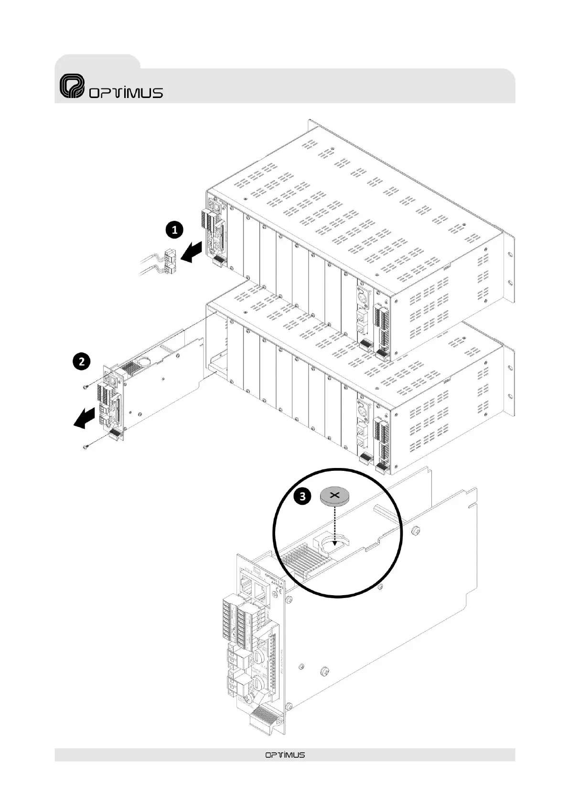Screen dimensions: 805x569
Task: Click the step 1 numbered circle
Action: tap(174, 230)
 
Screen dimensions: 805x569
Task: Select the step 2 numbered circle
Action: tap(82, 361)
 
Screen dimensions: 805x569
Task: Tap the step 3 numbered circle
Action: tap(302, 497)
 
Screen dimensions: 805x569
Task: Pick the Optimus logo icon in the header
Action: tap(72, 86)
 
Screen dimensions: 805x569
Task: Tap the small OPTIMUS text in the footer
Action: tap(285, 755)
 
